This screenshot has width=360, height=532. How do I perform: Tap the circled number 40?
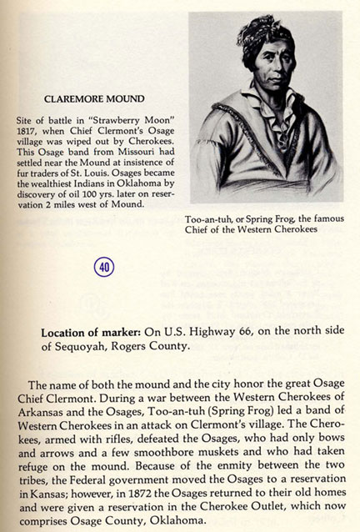pyautogui.click(x=106, y=267)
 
